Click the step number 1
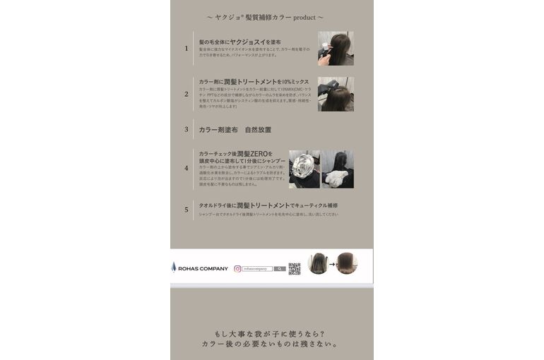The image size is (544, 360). (x=187, y=49)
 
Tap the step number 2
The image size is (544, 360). (x=187, y=94)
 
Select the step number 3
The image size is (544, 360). (x=187, y=130)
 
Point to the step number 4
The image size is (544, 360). (x=187, y=169)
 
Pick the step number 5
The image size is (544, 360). (x=187, y=210)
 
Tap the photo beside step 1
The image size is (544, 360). (x=336, y=48)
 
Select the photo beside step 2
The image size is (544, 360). (x=336, y=94)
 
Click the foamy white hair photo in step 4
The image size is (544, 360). (x=304, y=169)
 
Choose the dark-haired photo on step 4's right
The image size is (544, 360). (x=338, y=169)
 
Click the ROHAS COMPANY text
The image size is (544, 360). (x=203, y=269)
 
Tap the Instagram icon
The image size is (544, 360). (x=237, y=269)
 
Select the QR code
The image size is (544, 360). (x=295, y=268)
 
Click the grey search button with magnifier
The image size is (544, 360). (x=280, y=269)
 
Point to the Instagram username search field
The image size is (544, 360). (x=257, y=269)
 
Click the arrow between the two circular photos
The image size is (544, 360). (x=332, y=264)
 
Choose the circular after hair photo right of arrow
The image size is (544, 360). (x=346, y=263)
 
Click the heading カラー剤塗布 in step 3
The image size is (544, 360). (x=220, y=130)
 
